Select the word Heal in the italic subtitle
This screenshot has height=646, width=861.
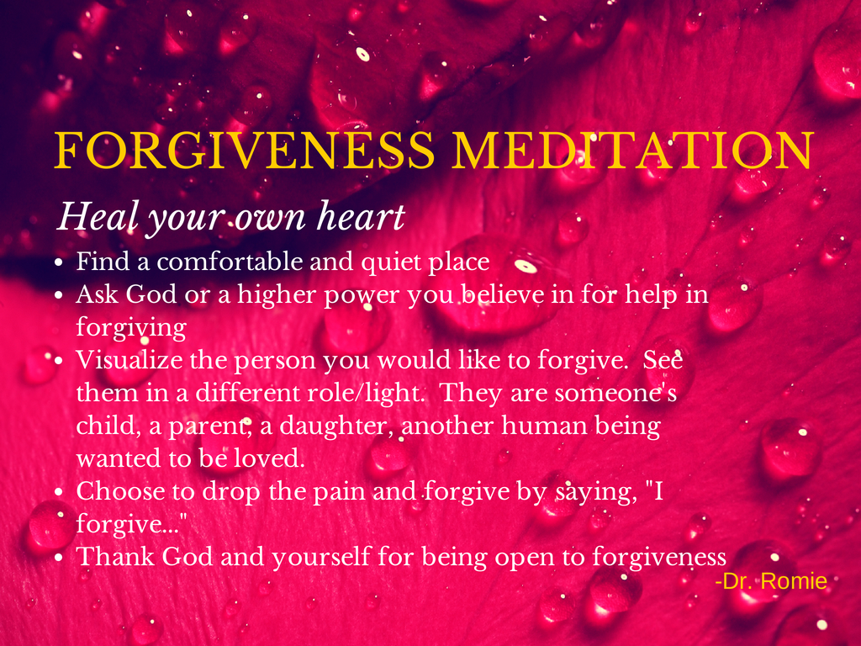tap(98, 216)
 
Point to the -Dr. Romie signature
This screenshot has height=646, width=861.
tap(771, 581)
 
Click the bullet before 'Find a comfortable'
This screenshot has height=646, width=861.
tap(60, 263)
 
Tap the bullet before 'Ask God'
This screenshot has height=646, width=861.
tap(60, 295)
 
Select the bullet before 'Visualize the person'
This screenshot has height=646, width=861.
tap(60, 362)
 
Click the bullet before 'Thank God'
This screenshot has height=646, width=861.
tap(60, 559)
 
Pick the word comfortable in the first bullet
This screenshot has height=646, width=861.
tap(230, 262)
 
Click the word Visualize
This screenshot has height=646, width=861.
tap(129, 360)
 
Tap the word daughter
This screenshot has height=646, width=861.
tap(336, 426)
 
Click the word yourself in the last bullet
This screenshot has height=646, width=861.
tap(321, 557)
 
